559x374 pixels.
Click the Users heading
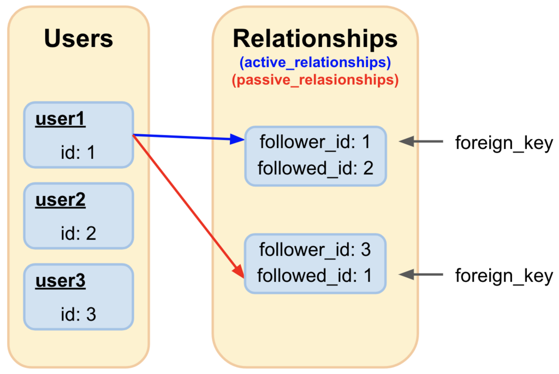click(79, 39)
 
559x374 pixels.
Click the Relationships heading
click(315, 39)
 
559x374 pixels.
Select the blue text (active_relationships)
click(315, 63)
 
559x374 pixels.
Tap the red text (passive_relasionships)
click(315, 80)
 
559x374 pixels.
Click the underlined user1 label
click(60, 119)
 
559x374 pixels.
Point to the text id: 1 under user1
click(78, 152)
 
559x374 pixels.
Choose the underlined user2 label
click(60, 200)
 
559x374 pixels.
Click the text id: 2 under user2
click(79, 234)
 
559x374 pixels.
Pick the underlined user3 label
click(60, 281)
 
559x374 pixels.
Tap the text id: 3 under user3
click(79, 314)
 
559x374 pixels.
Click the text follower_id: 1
click(315, 143)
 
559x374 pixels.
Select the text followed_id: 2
click(315, 168)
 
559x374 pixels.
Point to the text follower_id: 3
click(315, 250)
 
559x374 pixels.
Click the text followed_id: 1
click(314, 276)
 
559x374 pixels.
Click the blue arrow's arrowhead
click(237, 139)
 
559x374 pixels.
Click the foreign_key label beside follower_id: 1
click(504, 144)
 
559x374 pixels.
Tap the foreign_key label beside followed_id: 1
click(504, 276)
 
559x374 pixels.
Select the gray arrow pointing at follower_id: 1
click(421, 141)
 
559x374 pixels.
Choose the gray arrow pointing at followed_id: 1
click(421, 275)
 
